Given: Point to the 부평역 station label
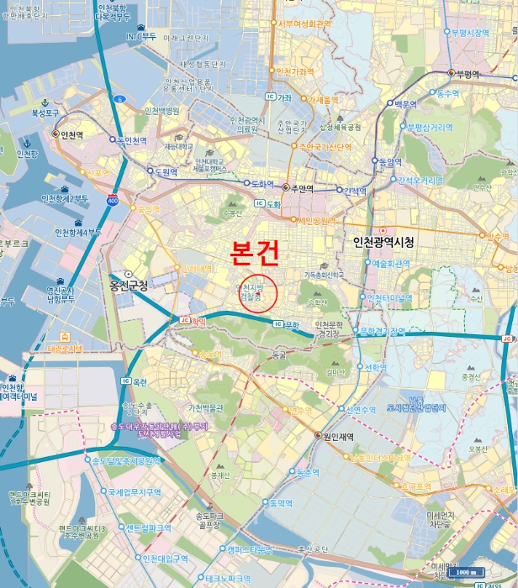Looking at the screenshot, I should [469, 74].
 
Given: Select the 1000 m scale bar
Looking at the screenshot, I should [464, 572].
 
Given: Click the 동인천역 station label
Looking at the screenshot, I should [132, 140].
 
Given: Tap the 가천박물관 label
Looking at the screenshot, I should [206, 408].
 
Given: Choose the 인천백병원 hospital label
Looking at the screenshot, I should [161, 111].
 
